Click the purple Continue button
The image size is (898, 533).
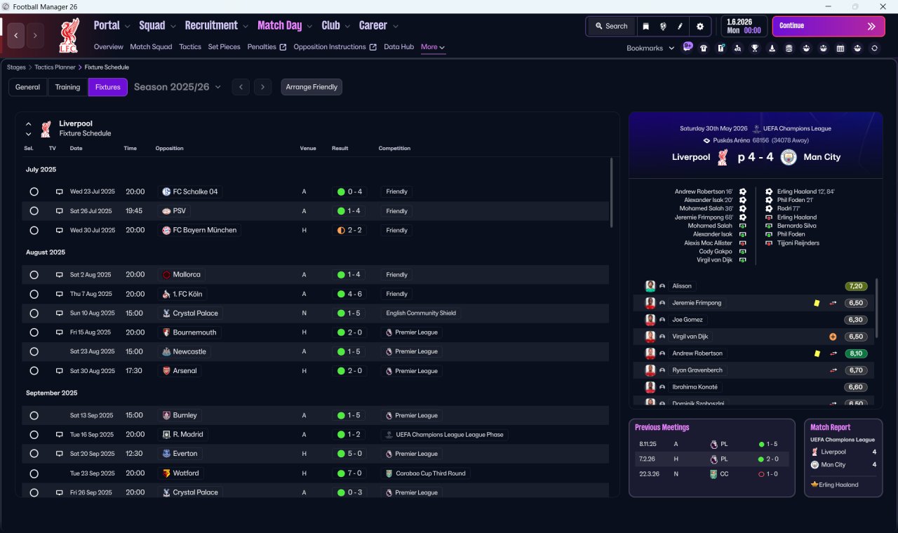(x=829, y=26)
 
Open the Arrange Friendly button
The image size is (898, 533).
(x=311, y=87)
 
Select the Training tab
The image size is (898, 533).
(x=67, y=87)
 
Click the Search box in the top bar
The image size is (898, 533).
(x=611, y=26)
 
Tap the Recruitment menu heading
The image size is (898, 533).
(x=211, y=26)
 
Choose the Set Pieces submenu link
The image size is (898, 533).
(x=224, y=47)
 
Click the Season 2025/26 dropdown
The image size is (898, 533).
(x=177, y=87)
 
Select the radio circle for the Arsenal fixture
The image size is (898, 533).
(x=34, y=371)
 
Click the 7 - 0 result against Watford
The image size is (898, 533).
(x=354, y=473)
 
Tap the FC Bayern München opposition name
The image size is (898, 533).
(x=204, y=230)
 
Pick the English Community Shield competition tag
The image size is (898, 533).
(x=421, y=313)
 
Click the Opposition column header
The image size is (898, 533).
(x=169, y=148)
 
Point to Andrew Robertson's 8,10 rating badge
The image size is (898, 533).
(x=856, y=353)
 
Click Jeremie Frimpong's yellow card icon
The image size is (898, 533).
(x=817, y=303)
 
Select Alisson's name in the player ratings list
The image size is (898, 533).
(x=681, y=286)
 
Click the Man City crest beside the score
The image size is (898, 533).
(x=788, y=157)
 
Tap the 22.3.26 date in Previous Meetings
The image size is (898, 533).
(x=647, y=473)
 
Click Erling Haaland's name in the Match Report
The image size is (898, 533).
(x=838, y=485)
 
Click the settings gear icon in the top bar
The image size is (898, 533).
(x=700, y=27)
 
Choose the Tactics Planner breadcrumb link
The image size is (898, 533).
(x=55, y=67)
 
